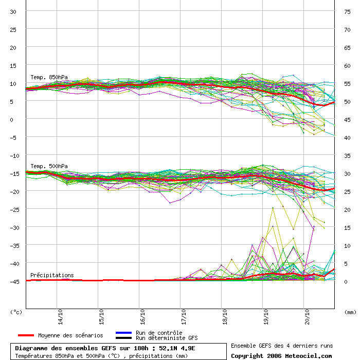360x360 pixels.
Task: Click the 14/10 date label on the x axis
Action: [60, 317]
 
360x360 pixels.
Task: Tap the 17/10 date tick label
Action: [184, 317]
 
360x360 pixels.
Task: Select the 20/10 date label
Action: [307, 317]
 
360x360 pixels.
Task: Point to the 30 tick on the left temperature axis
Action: [13, 12]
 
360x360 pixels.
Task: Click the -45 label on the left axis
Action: [14, 282]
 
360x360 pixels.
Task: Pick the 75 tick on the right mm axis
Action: [347, 12]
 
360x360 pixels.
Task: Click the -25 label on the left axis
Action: [14, 210]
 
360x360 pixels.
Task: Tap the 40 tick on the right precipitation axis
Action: [347, 138]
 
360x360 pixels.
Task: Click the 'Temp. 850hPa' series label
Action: [49, 77]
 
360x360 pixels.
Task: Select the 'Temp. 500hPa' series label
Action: [49, 166]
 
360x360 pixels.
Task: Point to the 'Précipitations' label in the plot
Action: [52, 275]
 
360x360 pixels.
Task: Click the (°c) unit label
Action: [16, 312]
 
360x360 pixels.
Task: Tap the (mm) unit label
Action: [350, 312]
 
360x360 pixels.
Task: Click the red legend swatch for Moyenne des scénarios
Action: [26, 335]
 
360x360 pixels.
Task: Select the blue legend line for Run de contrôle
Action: [124, 333]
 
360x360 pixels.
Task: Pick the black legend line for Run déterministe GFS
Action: [124, 338]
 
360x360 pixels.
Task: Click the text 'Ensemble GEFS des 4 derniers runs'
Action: [282, 346]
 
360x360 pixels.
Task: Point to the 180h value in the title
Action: [141, 348]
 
